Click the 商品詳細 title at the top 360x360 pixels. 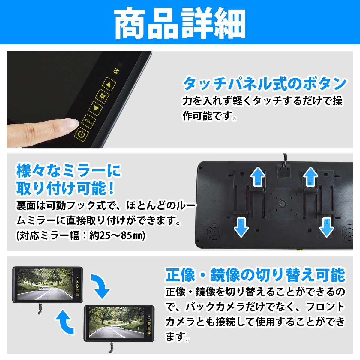(180, 23)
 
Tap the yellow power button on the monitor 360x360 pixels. (81, 134)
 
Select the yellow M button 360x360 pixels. (102, 96)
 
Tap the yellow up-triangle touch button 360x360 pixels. (109, 84)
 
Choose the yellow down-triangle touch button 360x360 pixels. (96, 108)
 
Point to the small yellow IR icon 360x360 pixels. (116, 71)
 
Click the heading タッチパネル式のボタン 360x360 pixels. (264, 84)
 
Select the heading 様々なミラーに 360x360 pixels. (69, 171)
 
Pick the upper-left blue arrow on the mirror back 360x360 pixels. (258, 176)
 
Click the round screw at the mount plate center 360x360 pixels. (282, 203)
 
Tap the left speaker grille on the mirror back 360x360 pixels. (215, 232)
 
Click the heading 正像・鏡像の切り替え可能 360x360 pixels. (255, 275)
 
